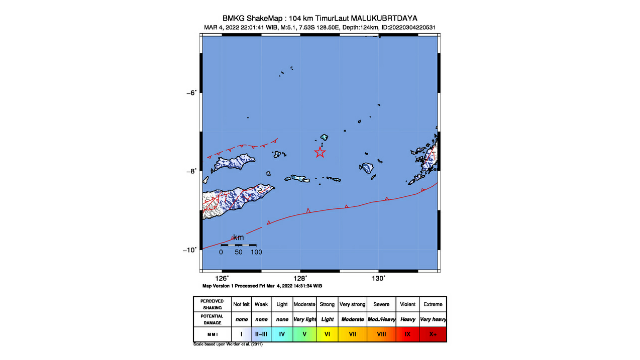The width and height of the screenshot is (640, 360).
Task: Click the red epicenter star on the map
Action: coord(320,152)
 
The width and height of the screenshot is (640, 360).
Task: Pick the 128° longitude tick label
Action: coord(300,277)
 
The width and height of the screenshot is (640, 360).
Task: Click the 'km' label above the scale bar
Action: coord(238,238)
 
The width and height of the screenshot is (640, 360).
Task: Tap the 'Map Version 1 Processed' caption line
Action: coord(263,286)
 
